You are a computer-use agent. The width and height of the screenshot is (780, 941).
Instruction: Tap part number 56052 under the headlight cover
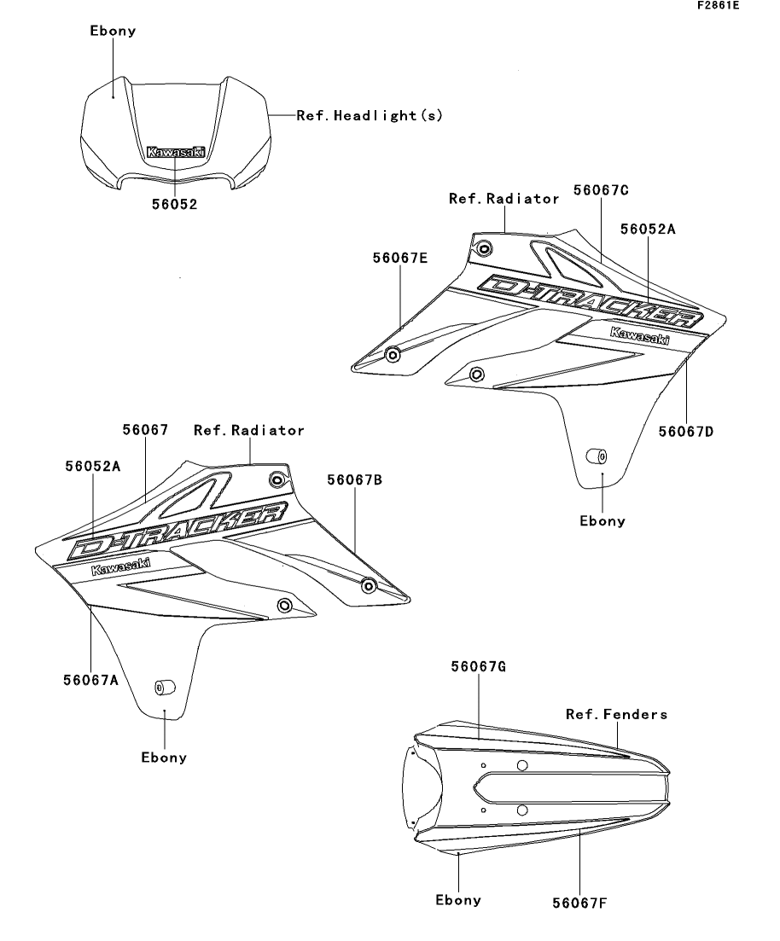pos(176,205)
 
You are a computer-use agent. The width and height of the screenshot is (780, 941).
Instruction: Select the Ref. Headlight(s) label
pos(370,115)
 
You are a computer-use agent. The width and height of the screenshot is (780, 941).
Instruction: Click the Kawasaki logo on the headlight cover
pos(176,152)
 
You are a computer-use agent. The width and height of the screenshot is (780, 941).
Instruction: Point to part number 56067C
pos(601,190)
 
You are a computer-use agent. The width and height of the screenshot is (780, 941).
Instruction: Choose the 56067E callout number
pos(400,256)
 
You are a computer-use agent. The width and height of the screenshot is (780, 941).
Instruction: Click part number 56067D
pos(685,431)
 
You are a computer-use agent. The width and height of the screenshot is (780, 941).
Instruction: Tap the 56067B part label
pos(354,480)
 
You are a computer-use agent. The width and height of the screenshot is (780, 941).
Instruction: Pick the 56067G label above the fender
pos(479,667)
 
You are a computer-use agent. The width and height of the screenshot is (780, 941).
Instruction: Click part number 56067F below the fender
pos(579,901)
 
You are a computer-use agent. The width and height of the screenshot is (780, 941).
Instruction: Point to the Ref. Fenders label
pos(617,714)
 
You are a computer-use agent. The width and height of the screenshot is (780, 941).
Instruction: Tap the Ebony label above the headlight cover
pos(114,32)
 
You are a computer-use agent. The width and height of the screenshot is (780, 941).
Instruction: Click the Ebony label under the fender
pos(458,899)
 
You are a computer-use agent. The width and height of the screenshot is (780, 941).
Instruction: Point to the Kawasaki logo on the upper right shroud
pos(639,335)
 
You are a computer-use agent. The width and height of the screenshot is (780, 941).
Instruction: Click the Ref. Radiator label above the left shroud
pos(248,431)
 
